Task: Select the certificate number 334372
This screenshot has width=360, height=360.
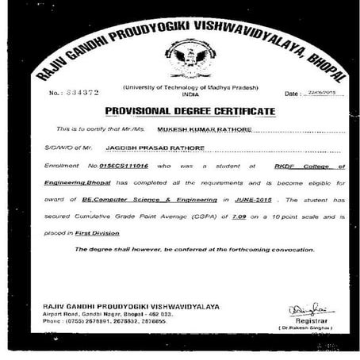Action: tap(78, 93)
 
